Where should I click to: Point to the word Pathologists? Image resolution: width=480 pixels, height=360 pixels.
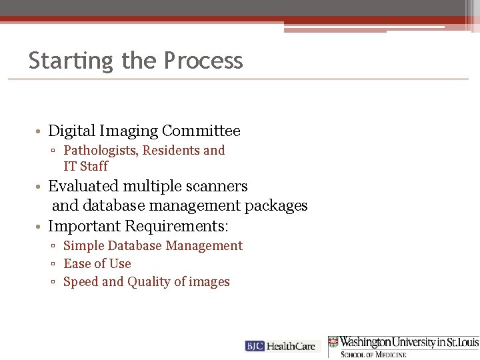click(x=99, y=151)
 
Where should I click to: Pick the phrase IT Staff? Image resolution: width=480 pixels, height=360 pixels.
click(x=85, y=166)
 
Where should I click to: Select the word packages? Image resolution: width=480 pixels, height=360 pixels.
click(x=276, y=205)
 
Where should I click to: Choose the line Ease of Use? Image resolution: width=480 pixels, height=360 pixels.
click(x=97, y=264)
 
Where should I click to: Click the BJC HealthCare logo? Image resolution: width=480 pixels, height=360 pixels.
click(x=283, y=346)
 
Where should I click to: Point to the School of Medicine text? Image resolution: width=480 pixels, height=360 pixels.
click(x=373, y=354)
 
